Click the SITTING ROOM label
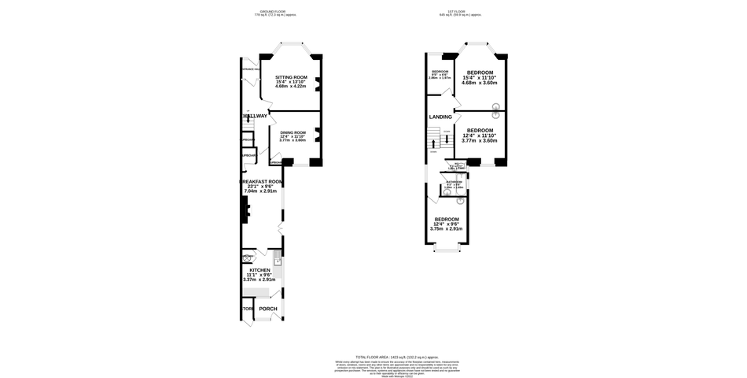[290, 77]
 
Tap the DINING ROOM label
[292, 132]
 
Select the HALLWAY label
[255, 116]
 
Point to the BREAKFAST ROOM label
[261, 181]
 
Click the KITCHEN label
[259, 269]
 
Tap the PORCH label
[269, 308]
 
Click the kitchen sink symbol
[278, 259]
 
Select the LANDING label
[440, 117]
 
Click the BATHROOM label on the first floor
[454, 182]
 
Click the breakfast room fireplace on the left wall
[247, 209]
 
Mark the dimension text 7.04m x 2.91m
[261, 191]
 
